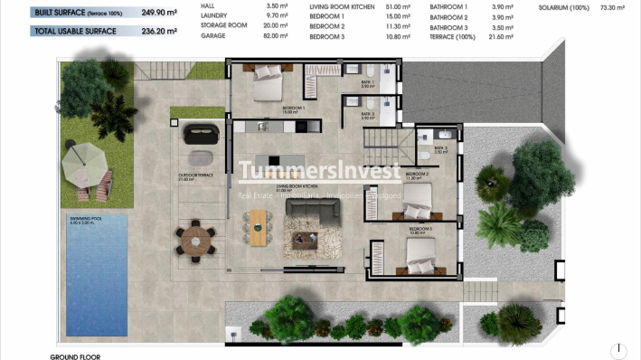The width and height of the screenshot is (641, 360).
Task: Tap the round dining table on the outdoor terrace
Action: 195,240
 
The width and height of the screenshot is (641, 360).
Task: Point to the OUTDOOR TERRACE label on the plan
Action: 195,175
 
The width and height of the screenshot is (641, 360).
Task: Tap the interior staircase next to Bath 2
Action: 385,140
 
